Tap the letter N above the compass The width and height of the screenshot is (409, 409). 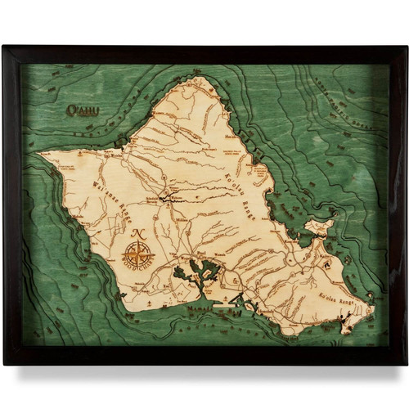[136, 233]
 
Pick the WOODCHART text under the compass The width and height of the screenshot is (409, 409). [137, 272]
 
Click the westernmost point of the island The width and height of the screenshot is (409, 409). [38, 153]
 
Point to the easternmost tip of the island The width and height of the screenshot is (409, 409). [373, 308]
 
